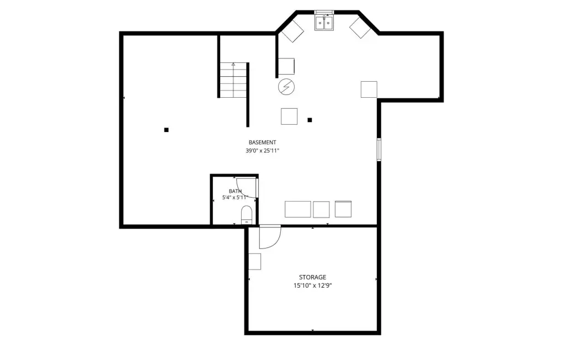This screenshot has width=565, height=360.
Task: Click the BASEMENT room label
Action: point(262,142)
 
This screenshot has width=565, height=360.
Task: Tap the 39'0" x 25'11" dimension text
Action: point(262,151)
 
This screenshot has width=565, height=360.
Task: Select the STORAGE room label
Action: point(312,277)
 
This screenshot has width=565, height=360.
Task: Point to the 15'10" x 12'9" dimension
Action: point(312,285)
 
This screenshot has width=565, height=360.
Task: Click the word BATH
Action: point(235,191)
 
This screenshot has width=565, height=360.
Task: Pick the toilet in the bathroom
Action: point(247,215)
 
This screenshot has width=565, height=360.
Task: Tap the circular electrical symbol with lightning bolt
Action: point(286,87)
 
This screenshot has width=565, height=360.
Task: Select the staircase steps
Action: point(233,80)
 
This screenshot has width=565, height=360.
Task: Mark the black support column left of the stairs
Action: point(167,130)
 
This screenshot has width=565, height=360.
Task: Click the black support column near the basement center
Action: point(310,120)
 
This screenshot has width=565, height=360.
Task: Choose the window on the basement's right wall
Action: point(379,149)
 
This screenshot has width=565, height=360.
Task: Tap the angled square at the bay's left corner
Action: point(292,31)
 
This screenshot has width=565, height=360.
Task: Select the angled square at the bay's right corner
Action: point(360,28)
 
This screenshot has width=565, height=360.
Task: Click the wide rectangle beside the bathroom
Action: point(297,209)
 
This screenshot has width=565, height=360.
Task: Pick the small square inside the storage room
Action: point(255,262)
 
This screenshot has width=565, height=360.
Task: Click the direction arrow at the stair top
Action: point(233,64)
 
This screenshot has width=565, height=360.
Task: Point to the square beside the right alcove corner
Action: point(369,89)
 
